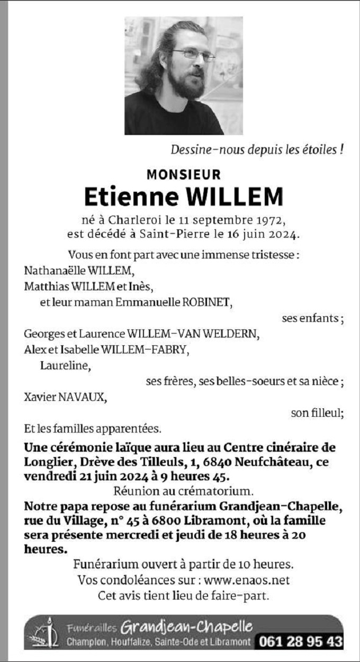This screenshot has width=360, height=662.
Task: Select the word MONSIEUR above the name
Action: tap(183, 174)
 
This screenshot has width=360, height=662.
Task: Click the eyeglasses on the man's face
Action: tap(193, 54)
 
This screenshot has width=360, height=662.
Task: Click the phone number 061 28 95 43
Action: tap(300, 641)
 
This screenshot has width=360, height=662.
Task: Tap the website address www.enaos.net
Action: tap(251, 580)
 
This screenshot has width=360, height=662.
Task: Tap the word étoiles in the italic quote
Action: tap(317, 150)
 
